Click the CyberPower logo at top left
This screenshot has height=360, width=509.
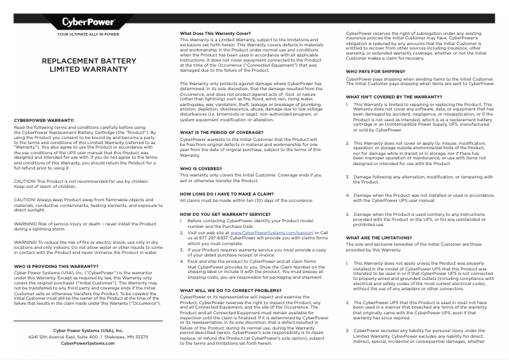coord(88,23)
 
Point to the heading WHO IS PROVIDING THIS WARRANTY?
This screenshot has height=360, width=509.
coord(56,266)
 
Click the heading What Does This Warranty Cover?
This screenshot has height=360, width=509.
coord(215,33)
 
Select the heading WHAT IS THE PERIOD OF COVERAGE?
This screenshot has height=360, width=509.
coord(220,132)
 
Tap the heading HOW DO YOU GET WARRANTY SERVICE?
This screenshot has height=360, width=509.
coord(225,215)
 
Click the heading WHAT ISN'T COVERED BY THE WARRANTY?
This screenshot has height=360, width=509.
coord(393,97)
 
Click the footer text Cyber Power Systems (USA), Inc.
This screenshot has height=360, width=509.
coord(88,330)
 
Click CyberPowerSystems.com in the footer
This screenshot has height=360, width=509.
coord(88,343)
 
